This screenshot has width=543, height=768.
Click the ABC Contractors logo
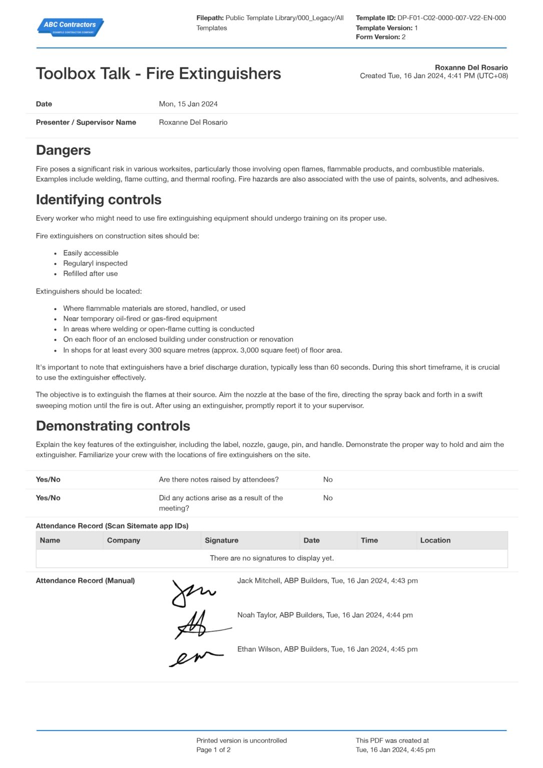point(70,26)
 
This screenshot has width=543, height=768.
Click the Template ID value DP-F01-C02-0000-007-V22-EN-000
point(451,18)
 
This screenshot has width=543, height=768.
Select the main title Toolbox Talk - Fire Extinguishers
point(158,73)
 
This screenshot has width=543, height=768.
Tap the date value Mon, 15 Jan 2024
point(188,104)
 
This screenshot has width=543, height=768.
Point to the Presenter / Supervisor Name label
point(86,122)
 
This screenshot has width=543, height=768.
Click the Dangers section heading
point(64,150)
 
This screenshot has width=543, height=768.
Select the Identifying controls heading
point(99,199)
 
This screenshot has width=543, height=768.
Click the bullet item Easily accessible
point(91,253)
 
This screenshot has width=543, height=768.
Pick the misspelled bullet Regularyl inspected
point(95,263)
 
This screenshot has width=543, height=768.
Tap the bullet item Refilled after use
point(91,273)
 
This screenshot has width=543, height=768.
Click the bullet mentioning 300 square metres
point(202,350)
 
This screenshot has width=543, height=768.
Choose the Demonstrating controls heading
point(113,426)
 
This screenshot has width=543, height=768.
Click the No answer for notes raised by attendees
point(328,479)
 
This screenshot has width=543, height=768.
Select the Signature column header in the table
point(222,540)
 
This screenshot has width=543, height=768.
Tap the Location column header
point(435,540)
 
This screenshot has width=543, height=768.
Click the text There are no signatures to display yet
point(272,558)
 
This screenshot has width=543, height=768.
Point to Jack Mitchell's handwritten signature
point(192,593)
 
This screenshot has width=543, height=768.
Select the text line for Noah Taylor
point(325,615)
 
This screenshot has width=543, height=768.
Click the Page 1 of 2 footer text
point(214,750)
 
